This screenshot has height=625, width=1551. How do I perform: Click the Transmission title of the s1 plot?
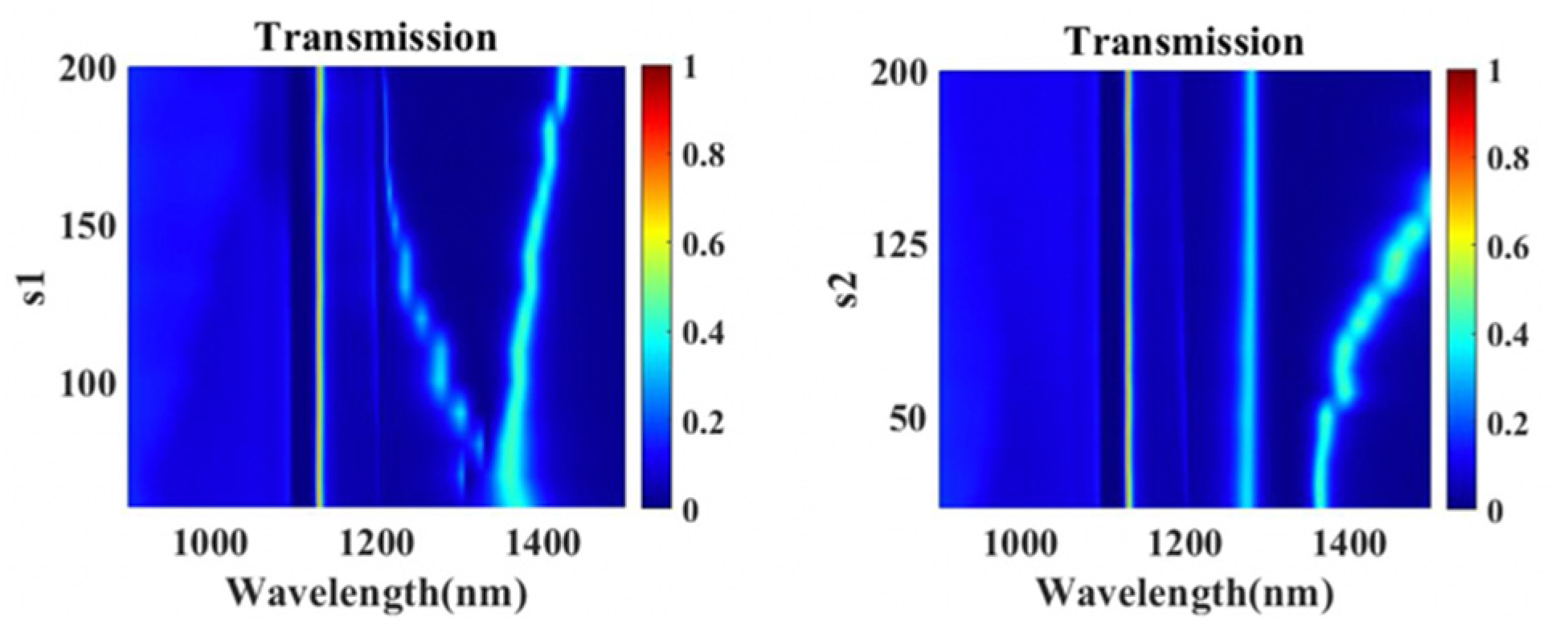click(x=376, y=37)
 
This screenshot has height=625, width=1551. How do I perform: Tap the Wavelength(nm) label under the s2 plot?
click(x=1185, y=594)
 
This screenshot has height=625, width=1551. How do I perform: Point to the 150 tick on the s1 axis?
click(x=88, y=227)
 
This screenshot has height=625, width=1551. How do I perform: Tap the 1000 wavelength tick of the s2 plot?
click(x=1021, y=546)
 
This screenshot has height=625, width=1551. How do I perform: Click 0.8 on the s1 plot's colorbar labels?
click(x=702, y=155)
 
